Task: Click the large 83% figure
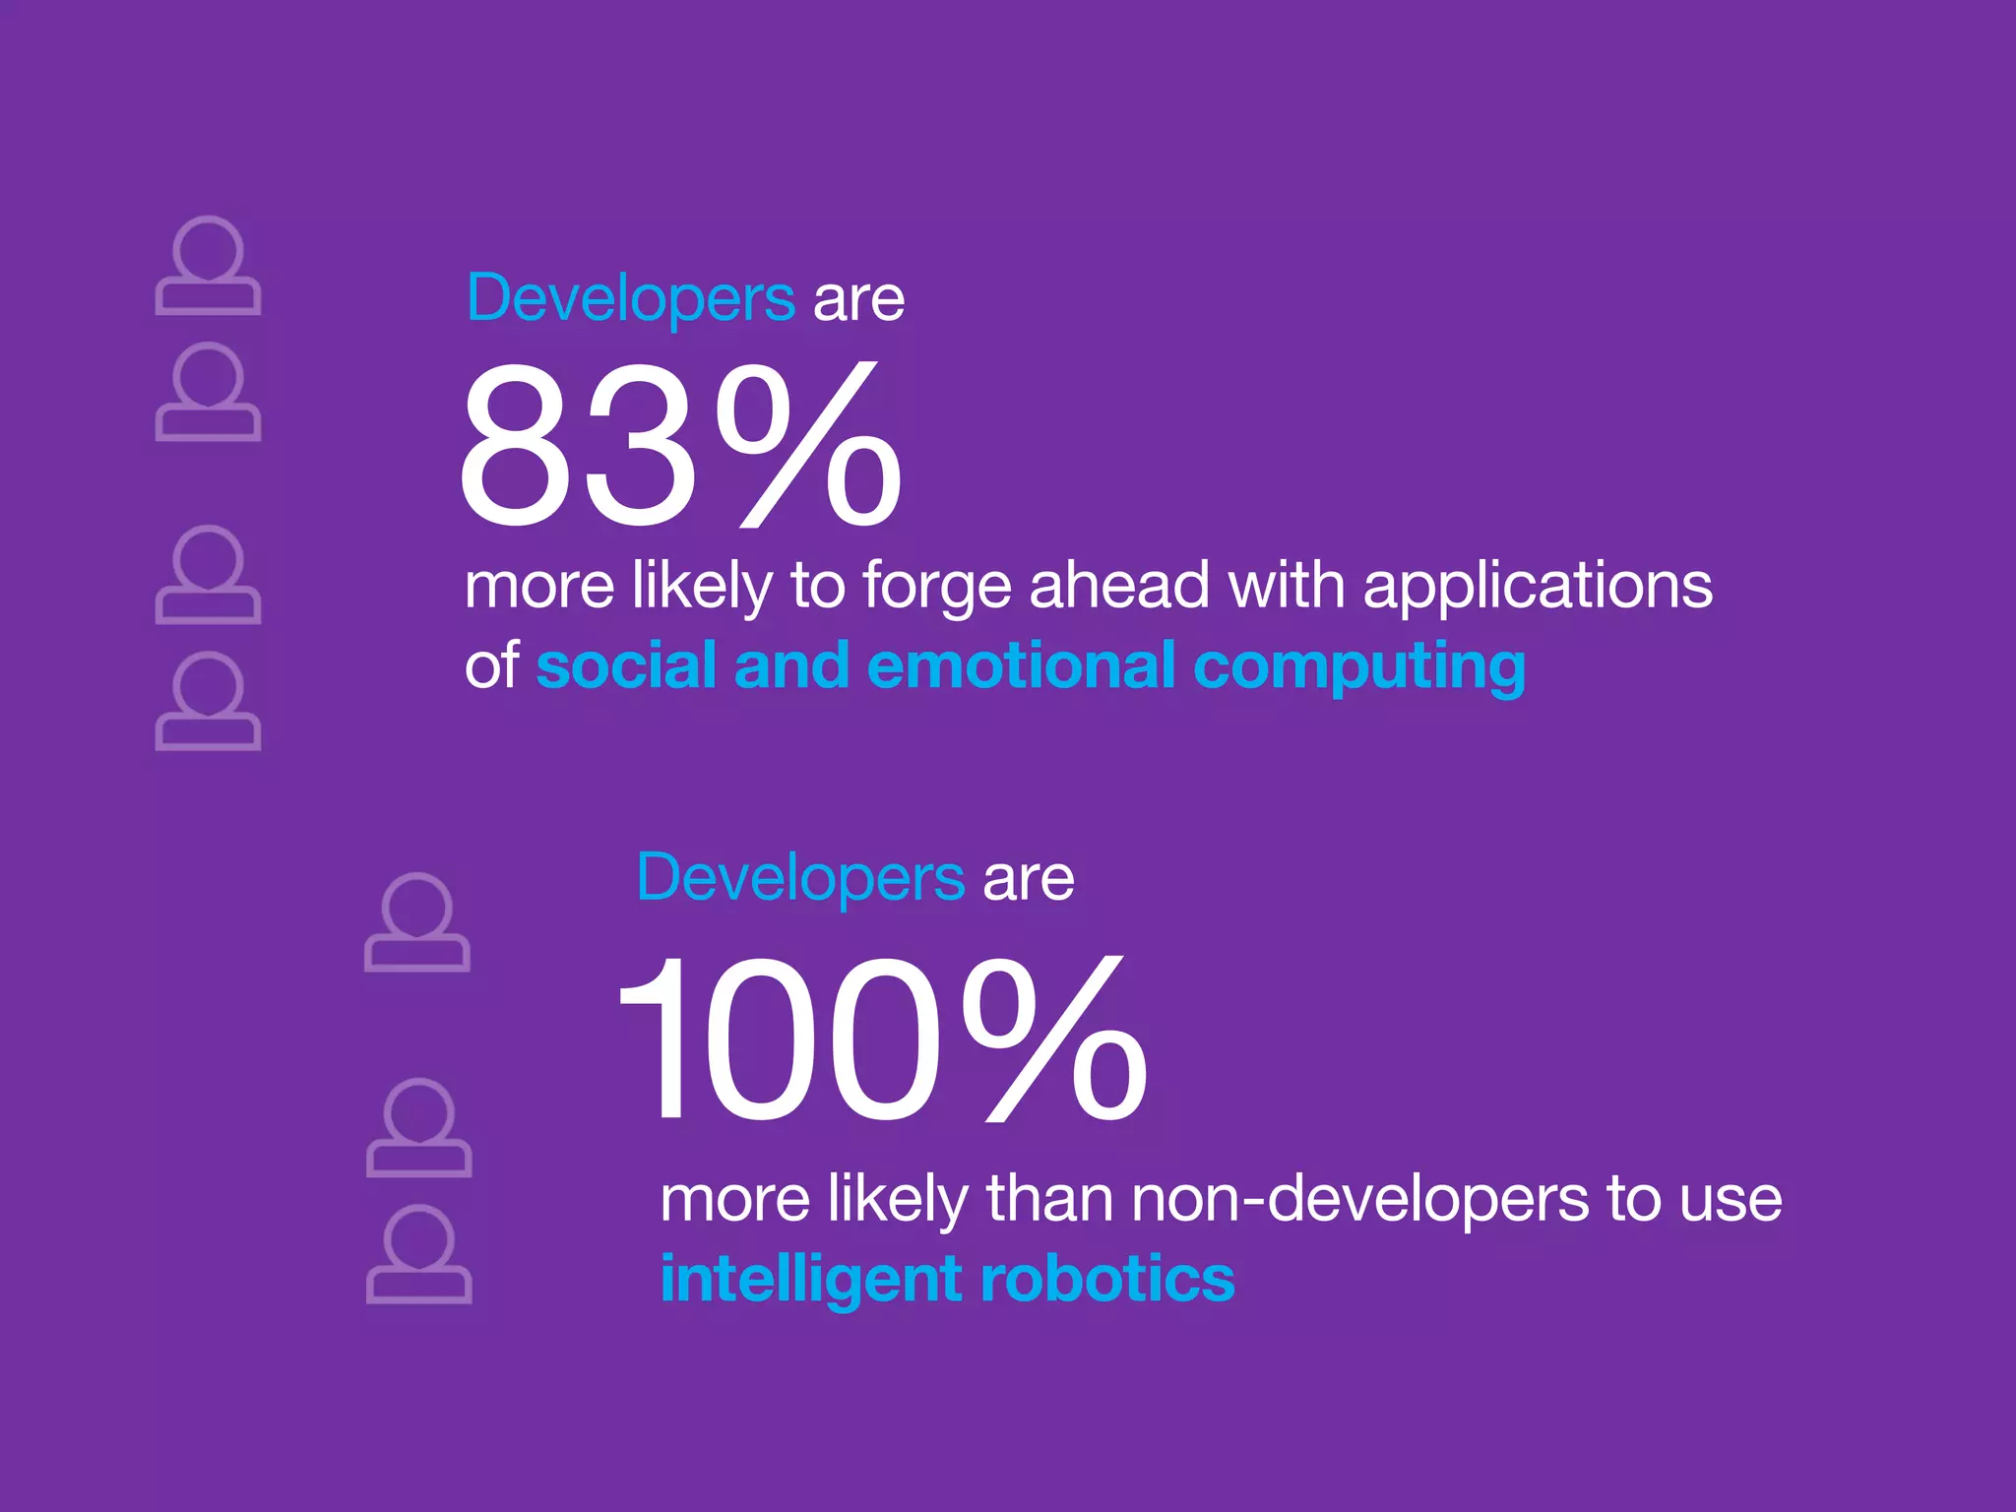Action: click(x=679, y=445)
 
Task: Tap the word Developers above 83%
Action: click(x=630, y=297)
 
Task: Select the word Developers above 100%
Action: click(x=800, y=877)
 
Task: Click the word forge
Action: click(x=936, y=587)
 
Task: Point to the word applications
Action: click(x=1538, y=587)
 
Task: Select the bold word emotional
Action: click(x=1021, y=665)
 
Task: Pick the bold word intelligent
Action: click(x=810, y=1280)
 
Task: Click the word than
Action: click(x=1048, y=1198)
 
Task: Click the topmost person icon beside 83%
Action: click(x=208, y=266)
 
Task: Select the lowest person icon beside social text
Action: click(x=208, y=701)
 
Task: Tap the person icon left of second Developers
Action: click(x=416, y=922)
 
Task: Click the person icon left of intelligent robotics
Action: click(x=418, y=1254)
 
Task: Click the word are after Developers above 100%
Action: click(x=1028, y=879)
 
